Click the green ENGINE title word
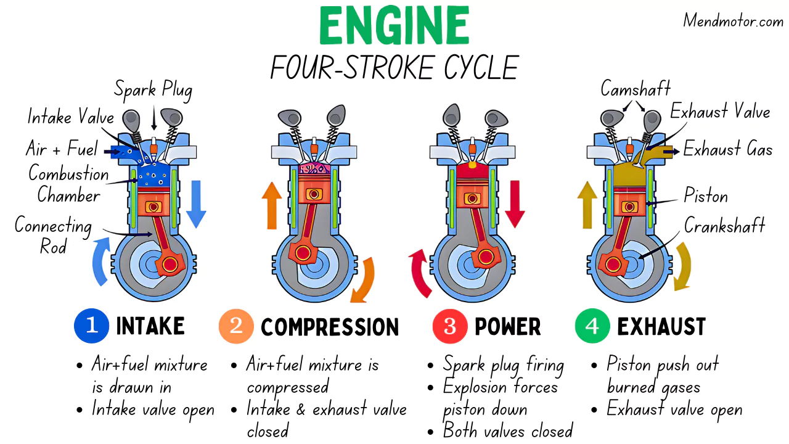click(x=394, y=27)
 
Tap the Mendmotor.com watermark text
click(x=732, y=21)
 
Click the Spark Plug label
click(x=153, y=91)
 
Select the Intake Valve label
click(x=70, y=117)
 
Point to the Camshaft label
click(x=636, y=89)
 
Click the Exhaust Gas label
click(x=727, y=150)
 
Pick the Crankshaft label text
click(x=724, y=225)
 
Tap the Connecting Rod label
click(x=53, y=236)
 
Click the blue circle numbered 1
click(x=91, y=326)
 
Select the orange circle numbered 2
click(x=235, y=326)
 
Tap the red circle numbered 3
click(x=449, y=326)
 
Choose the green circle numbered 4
click(x=592, y=326)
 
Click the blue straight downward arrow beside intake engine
click(x=195, y=203)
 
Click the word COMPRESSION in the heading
click(x=330, y=327)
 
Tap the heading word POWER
click(x=507, y=327)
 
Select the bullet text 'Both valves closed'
click(x=508, y=430)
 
